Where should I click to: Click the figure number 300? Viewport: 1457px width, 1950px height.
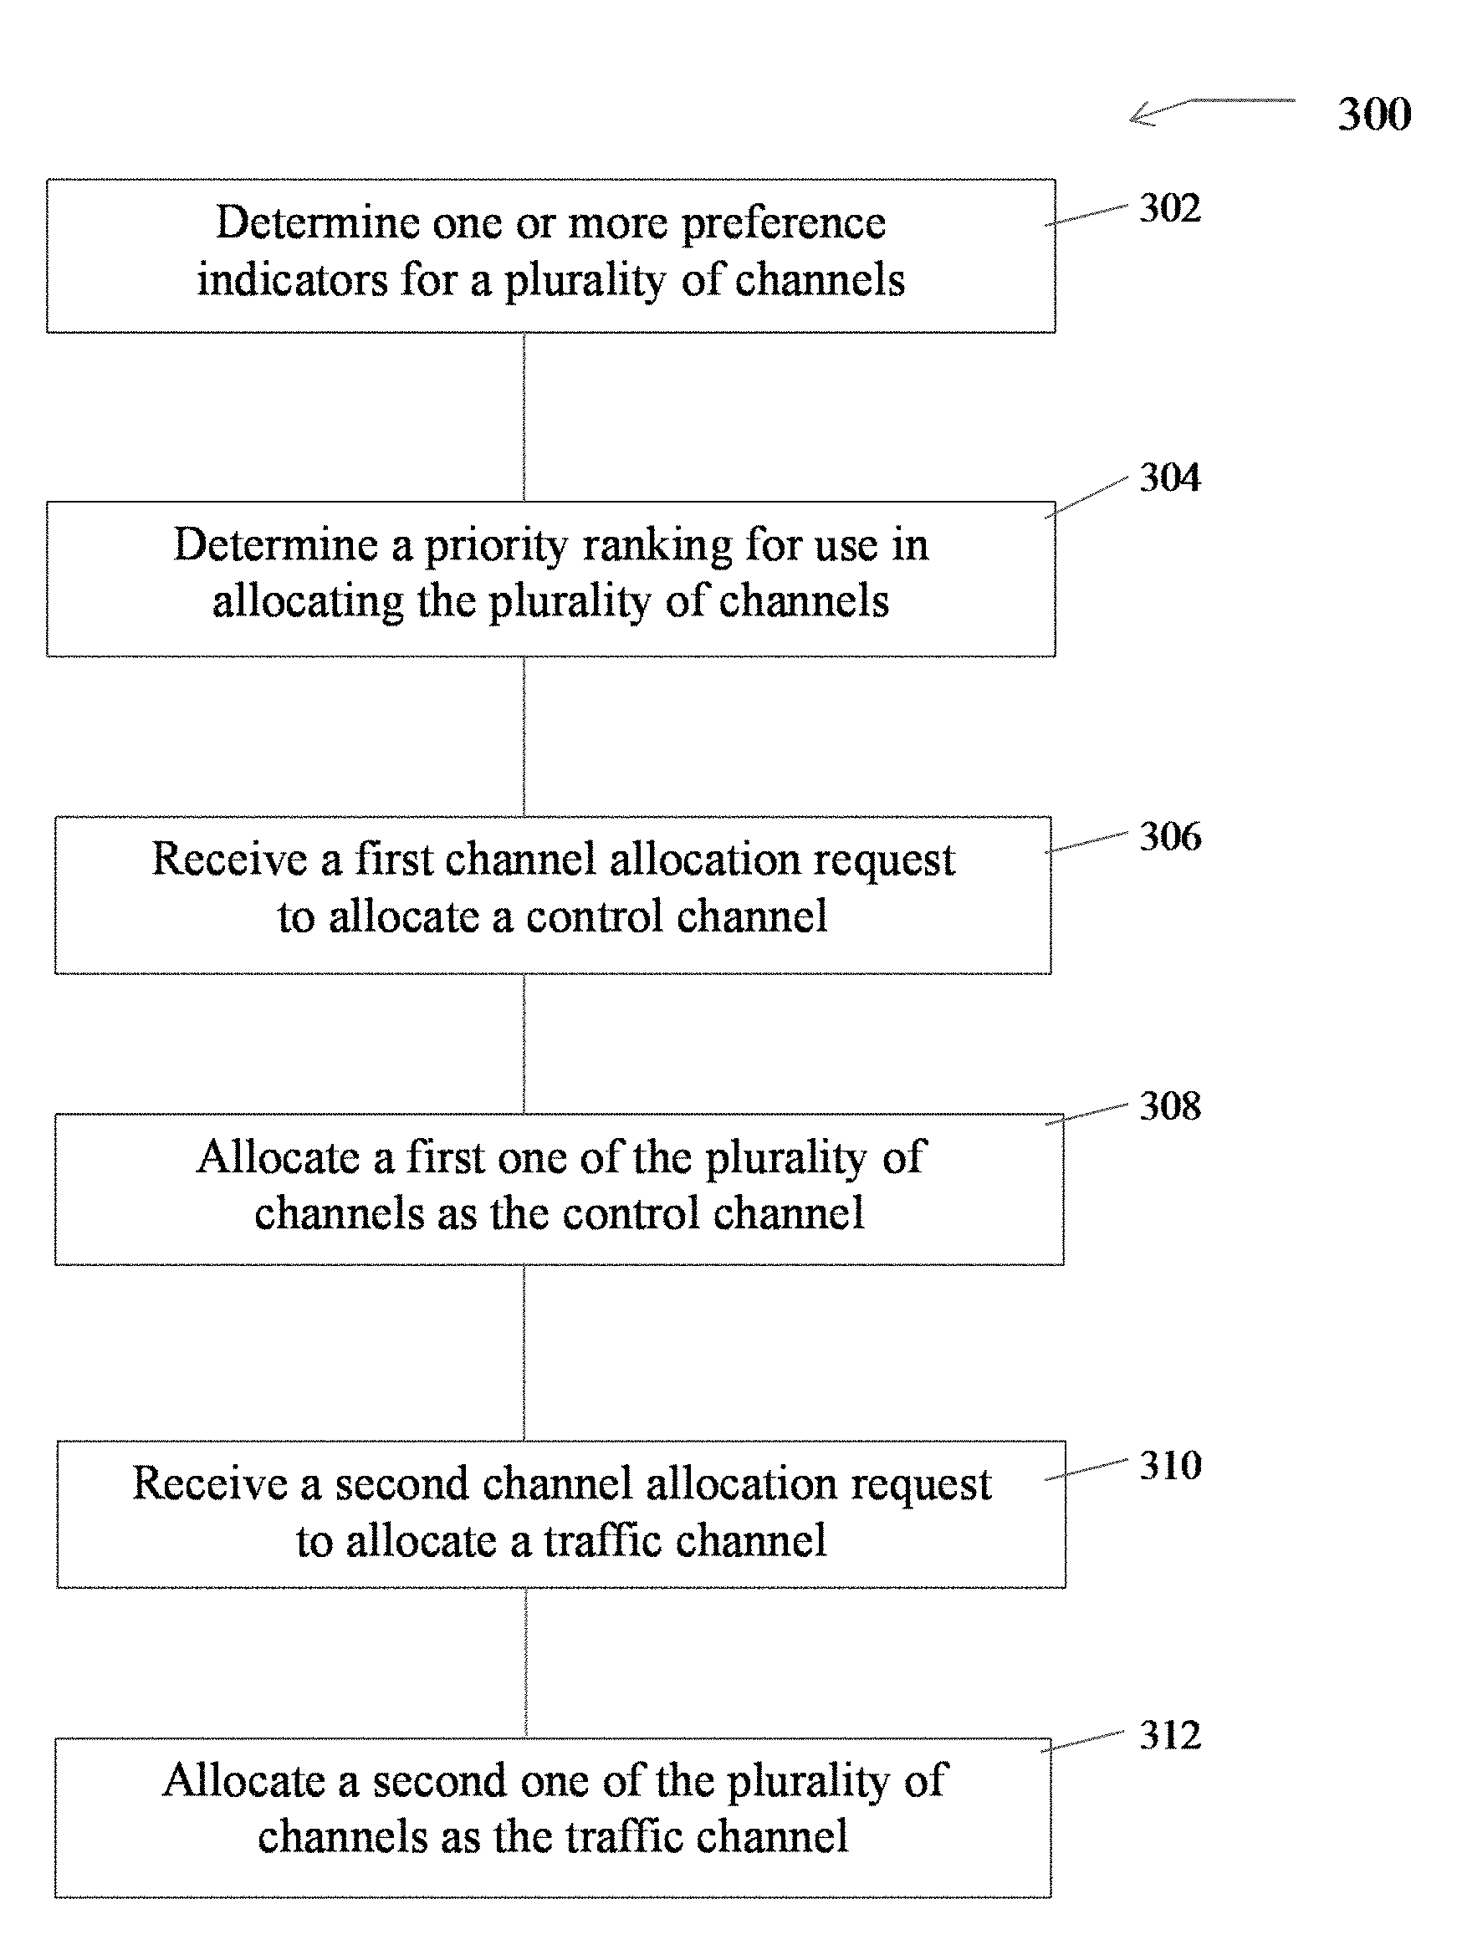click(1374, 114)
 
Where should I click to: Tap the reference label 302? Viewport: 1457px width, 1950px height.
click(1169, 208)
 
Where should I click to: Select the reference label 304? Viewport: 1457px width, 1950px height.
click(1169, 477)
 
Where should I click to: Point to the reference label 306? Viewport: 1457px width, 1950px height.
click(1169, 835)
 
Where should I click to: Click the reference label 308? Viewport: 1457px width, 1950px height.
click(1169, 1105)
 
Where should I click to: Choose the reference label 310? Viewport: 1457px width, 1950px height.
click(1169, 1465)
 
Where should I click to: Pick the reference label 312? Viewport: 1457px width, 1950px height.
click(1169, 1735)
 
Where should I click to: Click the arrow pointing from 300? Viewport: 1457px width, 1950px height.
click(1212, 110)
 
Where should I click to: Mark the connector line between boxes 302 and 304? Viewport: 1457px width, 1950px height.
click(524, 417)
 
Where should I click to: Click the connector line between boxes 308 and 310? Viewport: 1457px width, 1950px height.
click(524, 1353)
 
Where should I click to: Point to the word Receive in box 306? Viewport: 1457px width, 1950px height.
click(229, 859)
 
